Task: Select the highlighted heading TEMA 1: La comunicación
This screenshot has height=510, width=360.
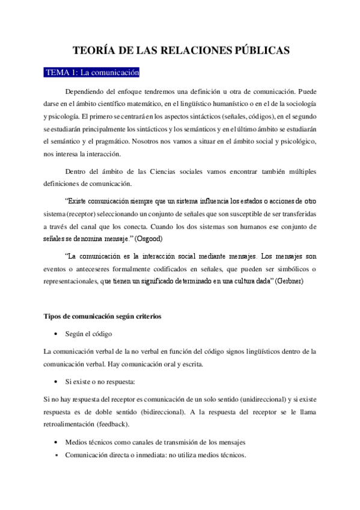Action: [x=92, y=73]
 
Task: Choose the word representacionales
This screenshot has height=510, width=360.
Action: [x=73, y=281]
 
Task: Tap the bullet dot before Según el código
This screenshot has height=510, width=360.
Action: [x=56, y=333]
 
